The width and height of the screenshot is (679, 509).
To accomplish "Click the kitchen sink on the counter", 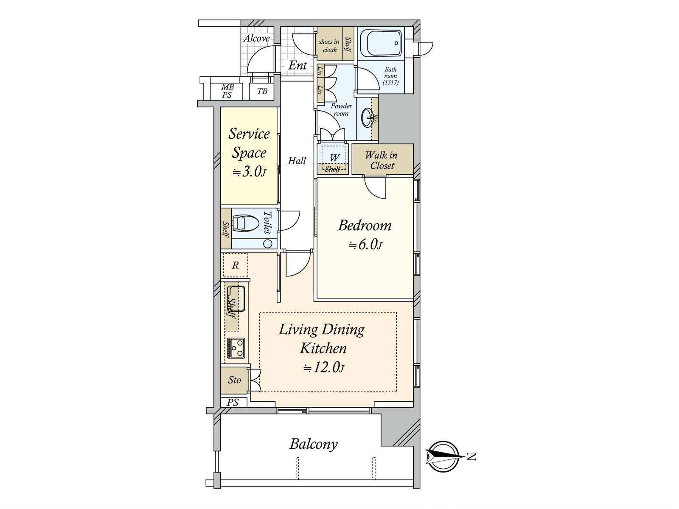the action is point(236,299).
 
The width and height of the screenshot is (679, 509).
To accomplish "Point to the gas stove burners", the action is point(236,348).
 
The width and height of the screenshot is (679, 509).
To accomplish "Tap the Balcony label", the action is point(313,445).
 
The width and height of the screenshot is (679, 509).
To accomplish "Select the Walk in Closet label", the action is point(382,160).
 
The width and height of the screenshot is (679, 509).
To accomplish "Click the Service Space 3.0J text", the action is point(249,153).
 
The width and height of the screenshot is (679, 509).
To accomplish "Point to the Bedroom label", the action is point(365,225).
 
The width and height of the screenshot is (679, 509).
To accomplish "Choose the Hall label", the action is point(297,161).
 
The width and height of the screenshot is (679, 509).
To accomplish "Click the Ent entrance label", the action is point(297,65).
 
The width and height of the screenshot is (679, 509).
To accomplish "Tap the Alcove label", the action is point(256,39).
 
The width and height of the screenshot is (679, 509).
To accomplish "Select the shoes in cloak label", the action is point(329,45).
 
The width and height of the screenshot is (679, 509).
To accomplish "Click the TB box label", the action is point(262,91).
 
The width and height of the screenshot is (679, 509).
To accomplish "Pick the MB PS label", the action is point(227,91).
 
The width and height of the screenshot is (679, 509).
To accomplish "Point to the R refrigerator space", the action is point(236,265).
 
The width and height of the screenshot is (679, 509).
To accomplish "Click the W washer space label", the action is point(334,158).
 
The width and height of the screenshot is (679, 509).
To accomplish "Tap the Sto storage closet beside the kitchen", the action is point(235,380).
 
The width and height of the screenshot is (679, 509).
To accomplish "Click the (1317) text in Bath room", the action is point(390,82).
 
